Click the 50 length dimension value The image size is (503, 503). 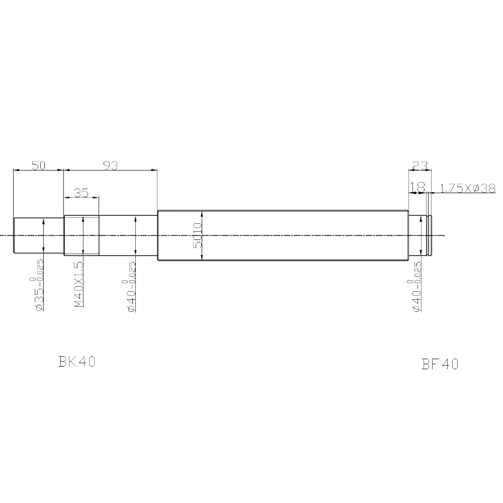[39, 165]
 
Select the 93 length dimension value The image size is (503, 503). [111, 165]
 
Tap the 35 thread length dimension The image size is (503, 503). [81, 193]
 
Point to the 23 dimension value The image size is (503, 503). [420, 165]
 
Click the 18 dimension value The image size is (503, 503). [417, 187]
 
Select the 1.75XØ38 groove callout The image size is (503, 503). [468, 188]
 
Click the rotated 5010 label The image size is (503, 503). [198, 235]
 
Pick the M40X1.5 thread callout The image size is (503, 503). [79, 285]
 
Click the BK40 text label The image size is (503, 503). [77, 362]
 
